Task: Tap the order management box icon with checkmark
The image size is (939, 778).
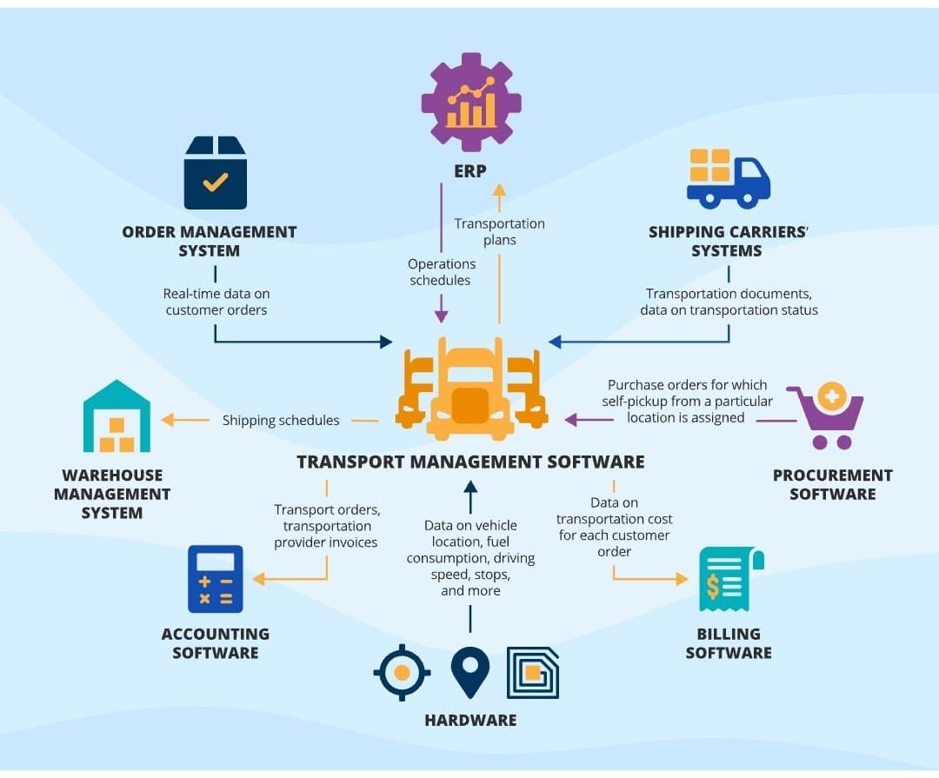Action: tap(215, 174)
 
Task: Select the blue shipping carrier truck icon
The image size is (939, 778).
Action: tap(728, 179)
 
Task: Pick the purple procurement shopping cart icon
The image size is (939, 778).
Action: tap(827, 417)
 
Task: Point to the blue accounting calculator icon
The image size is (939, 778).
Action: tap(216, 579)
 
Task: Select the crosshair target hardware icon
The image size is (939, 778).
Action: tap(402, 673)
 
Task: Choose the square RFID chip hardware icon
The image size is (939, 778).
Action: tap(533, 673)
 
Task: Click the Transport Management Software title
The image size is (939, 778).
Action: tap(470, 462)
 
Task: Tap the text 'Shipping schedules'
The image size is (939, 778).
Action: tap(281, 421)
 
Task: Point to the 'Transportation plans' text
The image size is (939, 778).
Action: tap(499, 231)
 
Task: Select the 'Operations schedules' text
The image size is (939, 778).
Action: tap(442, 272)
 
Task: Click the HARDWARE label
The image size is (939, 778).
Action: tap(470, 720)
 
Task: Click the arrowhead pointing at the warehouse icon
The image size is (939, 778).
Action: tap(168, 421)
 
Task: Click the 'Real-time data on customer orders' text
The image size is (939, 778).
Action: tap(216, 302)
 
